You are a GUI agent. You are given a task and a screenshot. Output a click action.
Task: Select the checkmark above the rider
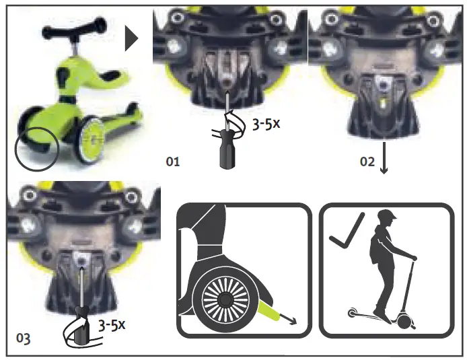[x=347, y=232]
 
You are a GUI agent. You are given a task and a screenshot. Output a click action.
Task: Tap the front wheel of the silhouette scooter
[x=403, y=322]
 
